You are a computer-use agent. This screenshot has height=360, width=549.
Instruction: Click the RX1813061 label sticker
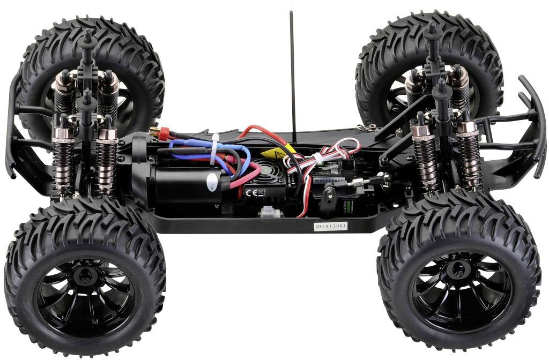(331, 226)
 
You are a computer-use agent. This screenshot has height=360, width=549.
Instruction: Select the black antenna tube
(293, 75)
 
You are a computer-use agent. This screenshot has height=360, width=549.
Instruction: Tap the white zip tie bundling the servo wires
(318, 159)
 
